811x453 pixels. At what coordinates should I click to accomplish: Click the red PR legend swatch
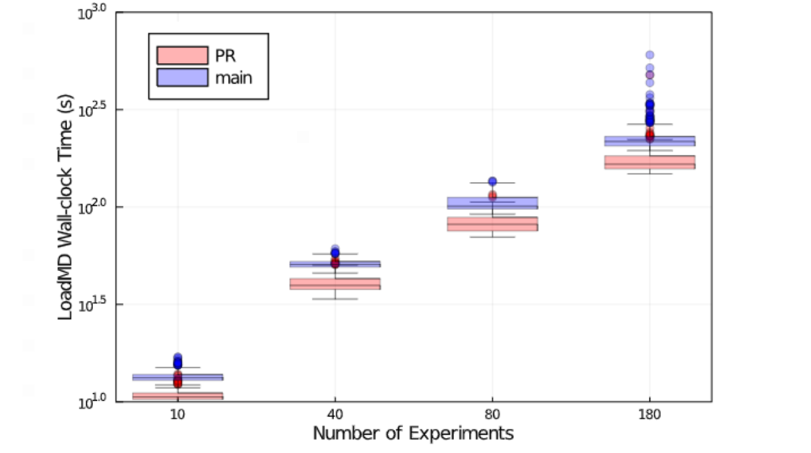point(183,56)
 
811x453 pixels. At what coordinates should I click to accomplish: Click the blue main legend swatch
point(183,77)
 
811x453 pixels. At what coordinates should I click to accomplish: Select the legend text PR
point(225,56)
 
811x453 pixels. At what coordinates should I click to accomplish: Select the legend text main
point(233,77)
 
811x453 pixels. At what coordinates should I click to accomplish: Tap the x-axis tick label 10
point(177,414)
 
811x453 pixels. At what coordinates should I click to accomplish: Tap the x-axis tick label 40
point(335,414)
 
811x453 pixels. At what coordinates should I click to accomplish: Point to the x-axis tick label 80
point(493,414)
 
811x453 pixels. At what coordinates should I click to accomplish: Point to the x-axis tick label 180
point(649,414)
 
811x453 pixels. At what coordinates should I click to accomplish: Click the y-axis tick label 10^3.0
point(92,12)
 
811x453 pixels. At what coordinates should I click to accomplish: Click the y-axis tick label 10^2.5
point(92,110)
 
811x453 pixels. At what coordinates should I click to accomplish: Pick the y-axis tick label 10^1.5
point(92,304)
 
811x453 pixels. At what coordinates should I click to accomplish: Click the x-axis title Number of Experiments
point(413,433)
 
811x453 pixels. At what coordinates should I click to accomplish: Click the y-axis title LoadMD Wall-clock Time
point(65,207)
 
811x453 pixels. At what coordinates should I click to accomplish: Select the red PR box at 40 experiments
point(335,284)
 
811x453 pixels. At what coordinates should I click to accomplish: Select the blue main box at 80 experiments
point(493,203)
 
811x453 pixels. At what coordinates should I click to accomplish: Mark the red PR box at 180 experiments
point(649,162)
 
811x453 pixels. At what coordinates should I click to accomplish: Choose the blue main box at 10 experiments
point(177,378)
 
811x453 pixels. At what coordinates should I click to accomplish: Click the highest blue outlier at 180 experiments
point(649,55)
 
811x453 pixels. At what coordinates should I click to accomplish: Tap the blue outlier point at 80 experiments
point(493,181)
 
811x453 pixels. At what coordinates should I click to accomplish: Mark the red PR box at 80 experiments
point(493,223)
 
